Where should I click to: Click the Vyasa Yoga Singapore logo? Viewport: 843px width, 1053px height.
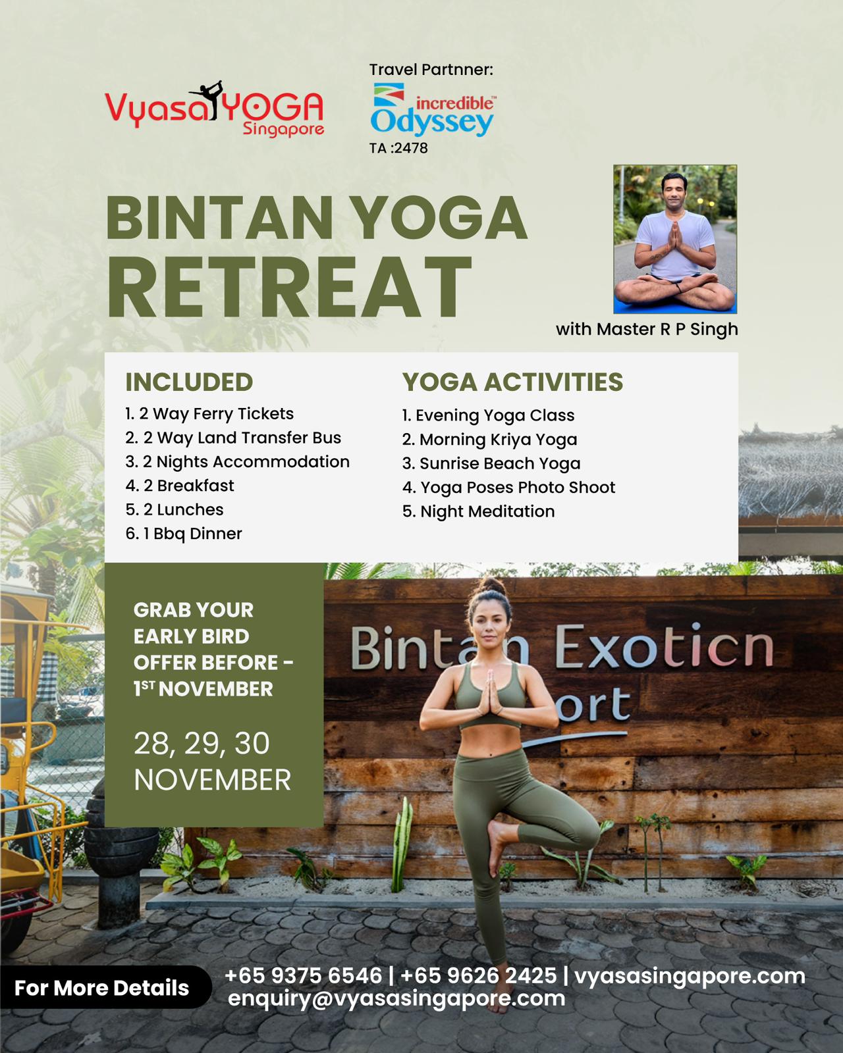coord(214,109)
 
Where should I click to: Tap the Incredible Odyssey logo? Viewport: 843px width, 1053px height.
coord(433,109)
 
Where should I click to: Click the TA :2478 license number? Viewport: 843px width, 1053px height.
coord(398,148)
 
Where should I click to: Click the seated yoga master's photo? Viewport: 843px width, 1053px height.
coord(675,239)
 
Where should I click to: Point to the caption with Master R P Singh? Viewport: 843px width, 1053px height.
coord(647,329)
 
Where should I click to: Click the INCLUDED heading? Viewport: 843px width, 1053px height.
coord(189,382)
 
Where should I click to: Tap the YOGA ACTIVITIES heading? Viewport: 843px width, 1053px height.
coord(512,382)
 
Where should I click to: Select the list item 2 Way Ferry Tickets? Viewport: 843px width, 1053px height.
coord(209,414)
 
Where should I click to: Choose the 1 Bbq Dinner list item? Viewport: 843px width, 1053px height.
coord(184,534)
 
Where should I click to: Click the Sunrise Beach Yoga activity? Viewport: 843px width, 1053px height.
coord(491,463)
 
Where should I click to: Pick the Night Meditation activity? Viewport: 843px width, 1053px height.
coord(479,512)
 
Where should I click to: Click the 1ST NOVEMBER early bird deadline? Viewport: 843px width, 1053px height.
coord(204,689)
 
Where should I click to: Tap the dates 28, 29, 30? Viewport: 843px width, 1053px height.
coord(202,744)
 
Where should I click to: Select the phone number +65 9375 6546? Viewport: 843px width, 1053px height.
coord(303,976)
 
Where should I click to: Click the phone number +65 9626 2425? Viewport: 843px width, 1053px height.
coord(479,976)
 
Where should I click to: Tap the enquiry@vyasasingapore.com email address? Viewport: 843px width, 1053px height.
coord(396,998)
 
